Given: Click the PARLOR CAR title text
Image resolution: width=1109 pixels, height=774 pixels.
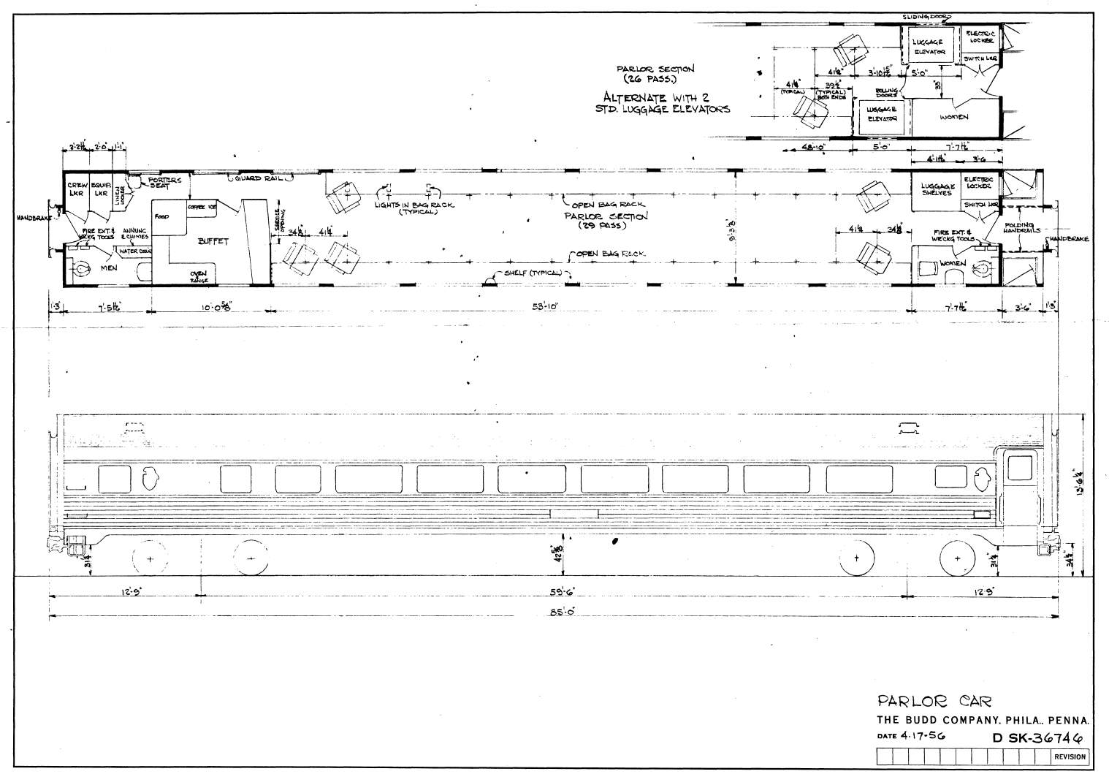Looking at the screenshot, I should [934, 702].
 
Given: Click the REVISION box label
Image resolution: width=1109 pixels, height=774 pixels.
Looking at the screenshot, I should [1069, 756].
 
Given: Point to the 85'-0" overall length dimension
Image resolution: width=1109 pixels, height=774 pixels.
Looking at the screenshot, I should [562, 612].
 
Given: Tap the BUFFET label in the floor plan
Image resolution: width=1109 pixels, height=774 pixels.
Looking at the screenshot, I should [213, 240].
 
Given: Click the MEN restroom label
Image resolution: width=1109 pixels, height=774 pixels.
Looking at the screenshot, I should [109, 268].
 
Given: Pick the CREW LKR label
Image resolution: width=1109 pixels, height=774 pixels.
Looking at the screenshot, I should [77, 189].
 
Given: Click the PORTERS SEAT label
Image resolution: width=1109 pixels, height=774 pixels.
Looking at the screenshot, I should [159, 183].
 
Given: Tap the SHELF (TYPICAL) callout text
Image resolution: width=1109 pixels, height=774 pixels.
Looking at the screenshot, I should [538, 273].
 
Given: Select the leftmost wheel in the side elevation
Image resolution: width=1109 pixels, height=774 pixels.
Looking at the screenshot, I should [150, 559].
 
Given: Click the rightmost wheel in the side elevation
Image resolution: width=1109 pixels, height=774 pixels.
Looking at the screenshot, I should [957, 559].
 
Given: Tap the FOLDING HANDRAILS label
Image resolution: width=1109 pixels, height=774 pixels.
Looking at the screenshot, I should [1021, 228].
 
